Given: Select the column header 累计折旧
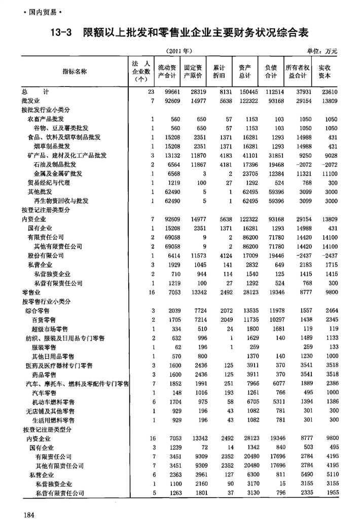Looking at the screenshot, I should click(x=219, y=71).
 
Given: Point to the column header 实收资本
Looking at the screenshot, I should click(x=325, y=71).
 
